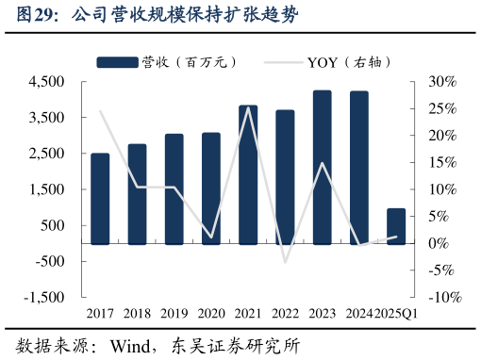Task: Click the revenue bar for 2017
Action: point(100,198)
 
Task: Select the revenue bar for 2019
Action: point(174,188)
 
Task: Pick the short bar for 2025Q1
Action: point(396,226)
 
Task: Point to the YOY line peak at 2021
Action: point(249,107)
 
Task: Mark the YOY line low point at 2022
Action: point(286,262)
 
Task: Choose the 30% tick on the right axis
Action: point(441,82)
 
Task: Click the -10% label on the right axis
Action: point(442,298)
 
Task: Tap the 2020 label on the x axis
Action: point(211,313)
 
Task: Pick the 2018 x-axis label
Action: point(137,313)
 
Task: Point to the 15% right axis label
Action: point(441,163)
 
